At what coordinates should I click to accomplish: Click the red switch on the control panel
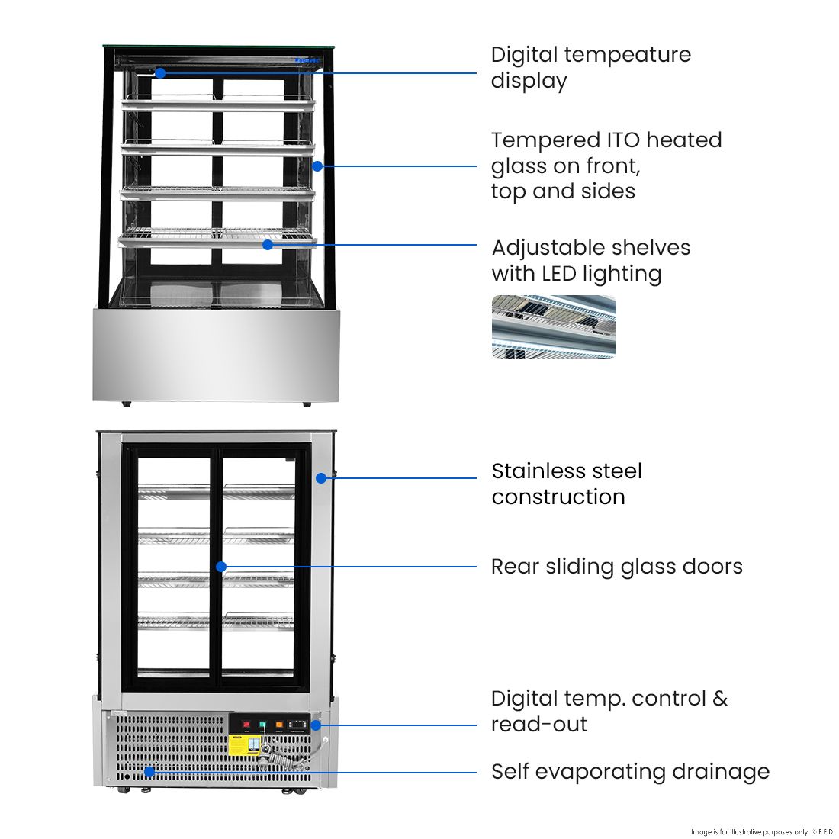(246, 724)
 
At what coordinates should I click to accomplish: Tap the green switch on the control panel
(262, 724)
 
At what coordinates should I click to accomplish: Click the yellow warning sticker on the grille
(239, 745)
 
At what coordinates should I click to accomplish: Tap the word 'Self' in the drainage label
(510, 772)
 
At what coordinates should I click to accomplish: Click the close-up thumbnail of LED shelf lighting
(554, 327)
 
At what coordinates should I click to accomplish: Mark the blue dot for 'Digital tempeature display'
(160, 73)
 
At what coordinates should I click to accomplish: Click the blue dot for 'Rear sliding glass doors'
(221, 567)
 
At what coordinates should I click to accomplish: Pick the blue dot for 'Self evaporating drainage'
(149, 772)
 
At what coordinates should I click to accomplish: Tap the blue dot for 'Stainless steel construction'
(321, 478)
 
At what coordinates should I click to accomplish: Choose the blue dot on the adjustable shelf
(268, 245)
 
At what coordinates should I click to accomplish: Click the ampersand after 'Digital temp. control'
(720, 699)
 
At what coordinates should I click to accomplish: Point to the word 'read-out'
(538, 725)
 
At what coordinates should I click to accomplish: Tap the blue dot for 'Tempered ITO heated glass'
(317, 166)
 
